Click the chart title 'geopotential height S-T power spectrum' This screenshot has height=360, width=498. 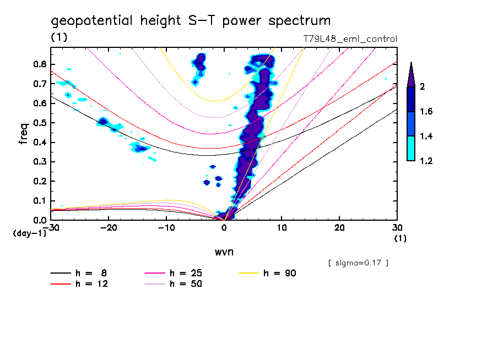pos(191,21)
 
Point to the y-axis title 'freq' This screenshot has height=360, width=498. pos(24,134)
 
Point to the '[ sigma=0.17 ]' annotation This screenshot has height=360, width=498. pos(358,263)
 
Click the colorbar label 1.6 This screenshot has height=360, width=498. pos(427,112)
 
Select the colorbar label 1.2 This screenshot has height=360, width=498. pos(427,161)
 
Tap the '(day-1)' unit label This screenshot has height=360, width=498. pos(29,233)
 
